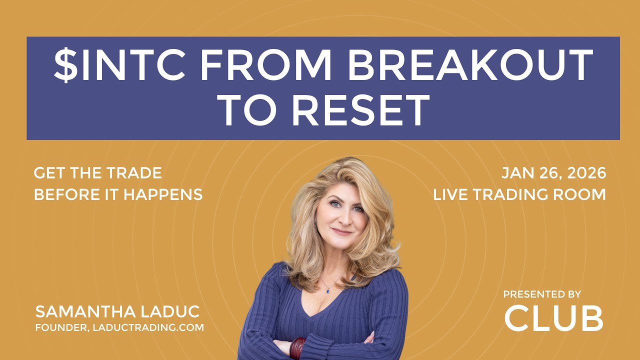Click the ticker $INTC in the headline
[119, 65]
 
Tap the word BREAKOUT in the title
[469, 65]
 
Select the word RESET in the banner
[360, 110]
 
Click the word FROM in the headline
[265, 65]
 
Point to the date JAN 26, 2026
[553, 173]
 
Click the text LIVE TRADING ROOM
[519, 194]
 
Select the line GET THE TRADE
[98, 173]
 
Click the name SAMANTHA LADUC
[117, 311]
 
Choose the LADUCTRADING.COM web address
[148, 327]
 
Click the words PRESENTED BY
[542, 294]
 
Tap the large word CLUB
[553, 318]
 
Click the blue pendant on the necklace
[327, 291]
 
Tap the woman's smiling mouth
[341, 232]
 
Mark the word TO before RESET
[247, 110]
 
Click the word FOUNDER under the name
[61, 327]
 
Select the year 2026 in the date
[586, 173]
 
